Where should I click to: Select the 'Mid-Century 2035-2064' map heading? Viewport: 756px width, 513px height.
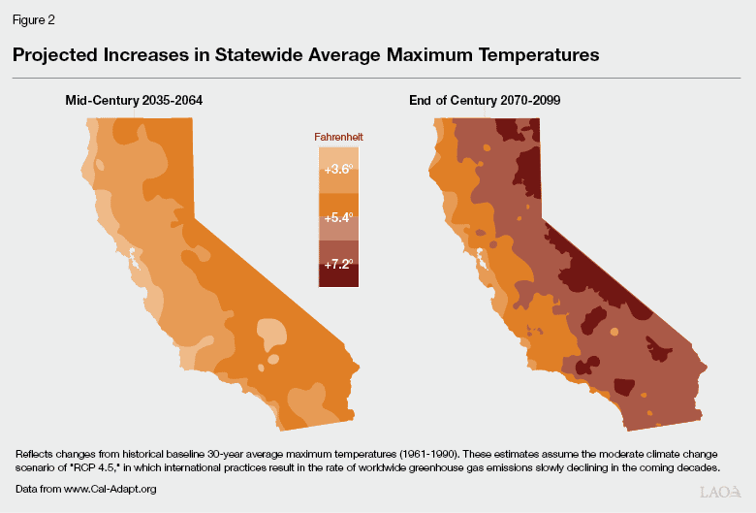pyautogui.click(x=134, y=100)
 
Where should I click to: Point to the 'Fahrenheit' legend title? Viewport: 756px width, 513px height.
pyautogui.click(x=338, y=138)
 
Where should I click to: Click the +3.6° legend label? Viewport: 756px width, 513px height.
pyautogui.click(x=338, y=169)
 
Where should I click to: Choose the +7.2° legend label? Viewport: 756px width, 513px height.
pyautogui.click(x=338, y=263)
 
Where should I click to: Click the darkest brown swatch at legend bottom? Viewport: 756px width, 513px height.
pyautogui.click(x=338, y=279)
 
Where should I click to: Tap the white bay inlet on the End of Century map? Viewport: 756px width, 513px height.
pyautogui.click(x=479, y=260)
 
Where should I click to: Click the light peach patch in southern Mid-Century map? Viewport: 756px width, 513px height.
pyautogui.click(x=275, y=335)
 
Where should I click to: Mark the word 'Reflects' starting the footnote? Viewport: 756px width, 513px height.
pyautogui.click(x=35, y=454)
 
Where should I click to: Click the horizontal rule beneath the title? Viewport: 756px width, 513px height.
pyautogui.click(x=378, y=78)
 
